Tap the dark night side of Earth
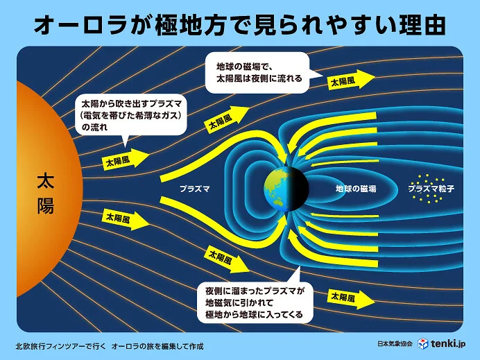pos(298,188)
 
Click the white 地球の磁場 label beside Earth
pos(355,189)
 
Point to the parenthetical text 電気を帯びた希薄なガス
pos(132,114)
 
